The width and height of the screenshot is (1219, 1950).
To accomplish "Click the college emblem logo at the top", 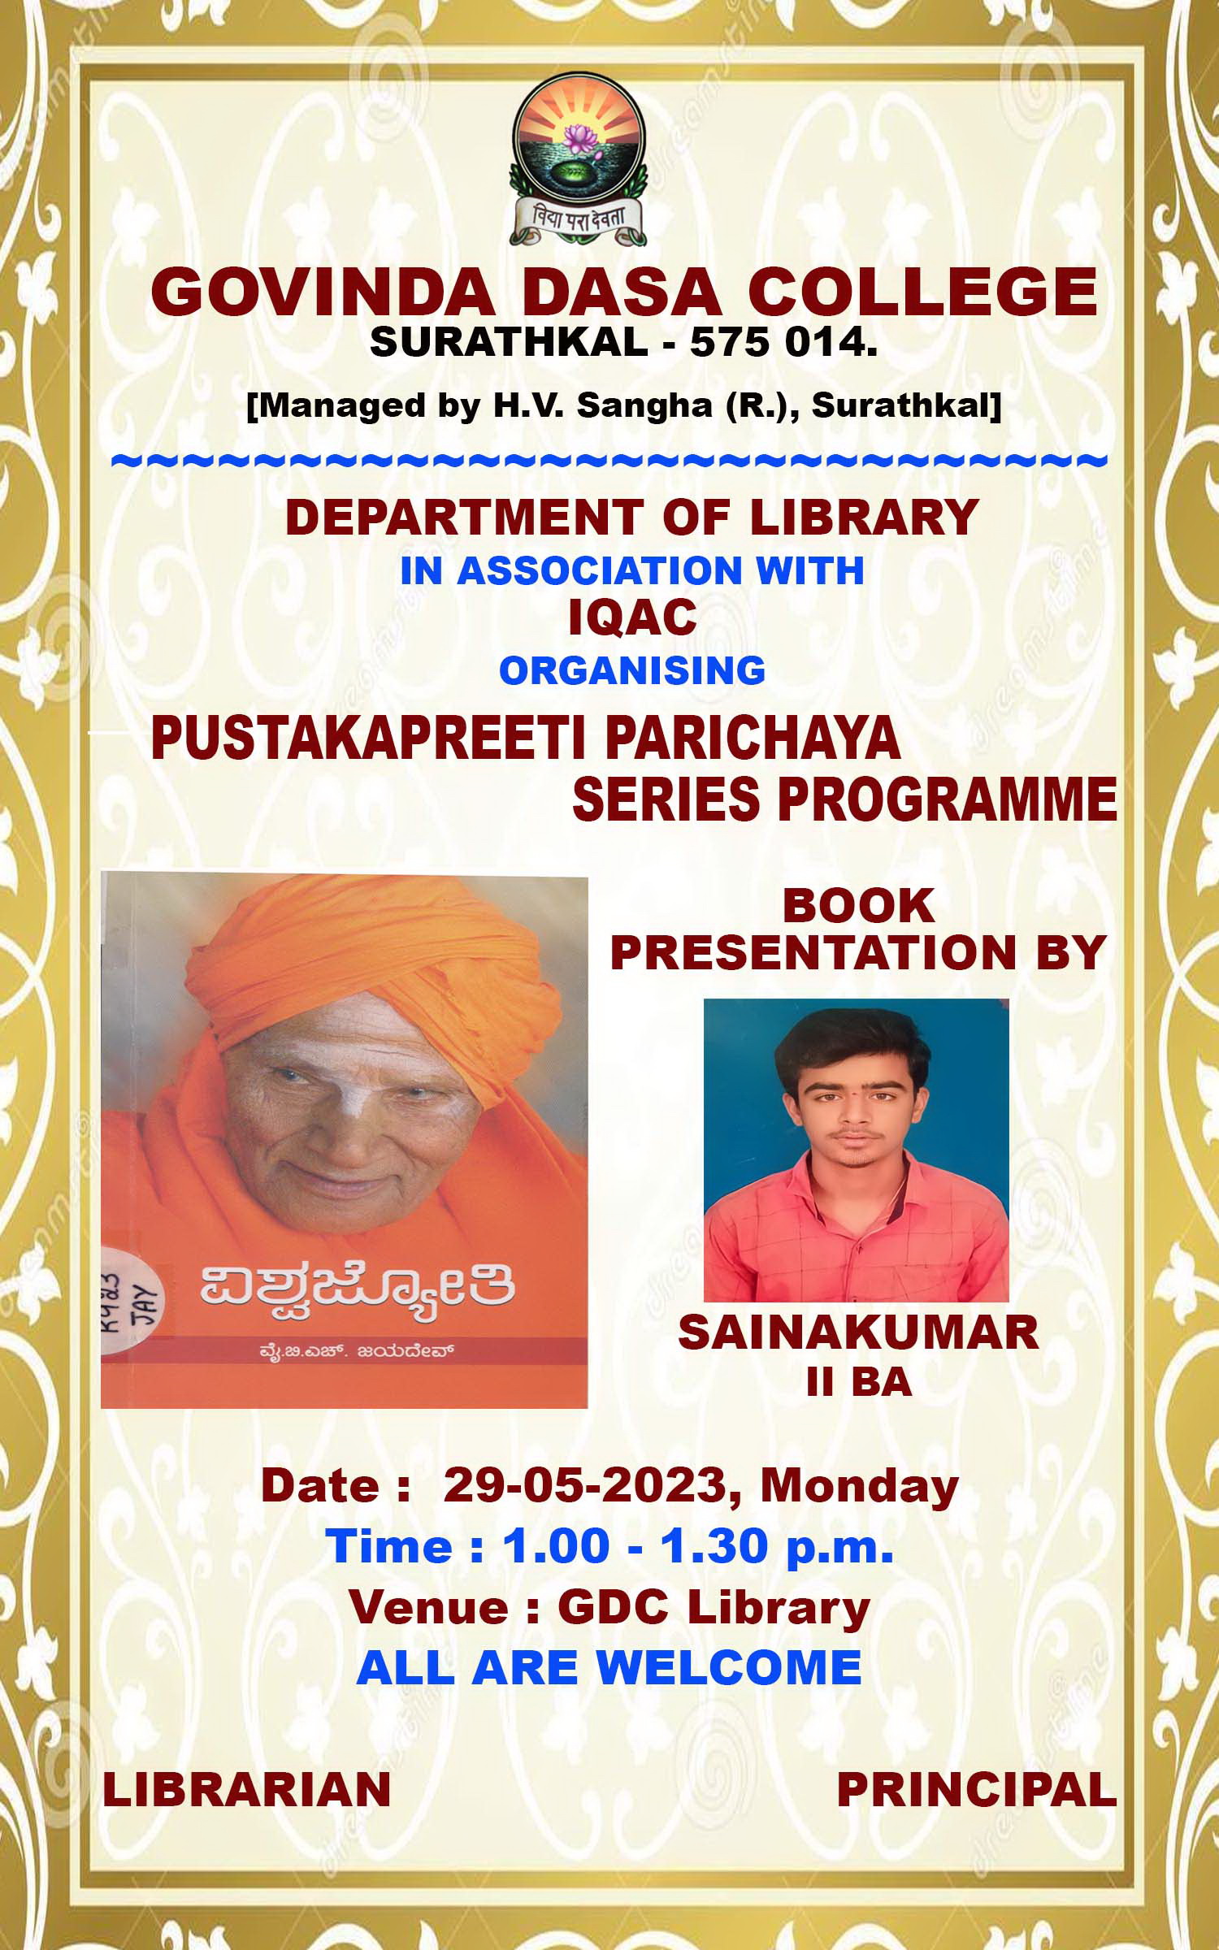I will pos(578,158).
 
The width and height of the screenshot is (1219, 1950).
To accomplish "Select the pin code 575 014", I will pos(783,344).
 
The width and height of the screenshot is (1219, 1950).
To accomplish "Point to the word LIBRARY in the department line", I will pos(864,517).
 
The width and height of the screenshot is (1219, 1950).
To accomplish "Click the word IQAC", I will pos(632,618).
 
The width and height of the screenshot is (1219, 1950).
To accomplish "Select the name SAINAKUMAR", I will pos(858,1333).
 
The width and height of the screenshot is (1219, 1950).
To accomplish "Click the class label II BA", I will pos(858,1384).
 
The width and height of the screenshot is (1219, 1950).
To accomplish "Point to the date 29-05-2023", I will pos(583,1485).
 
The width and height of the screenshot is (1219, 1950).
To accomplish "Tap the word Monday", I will pos(859,1485).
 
